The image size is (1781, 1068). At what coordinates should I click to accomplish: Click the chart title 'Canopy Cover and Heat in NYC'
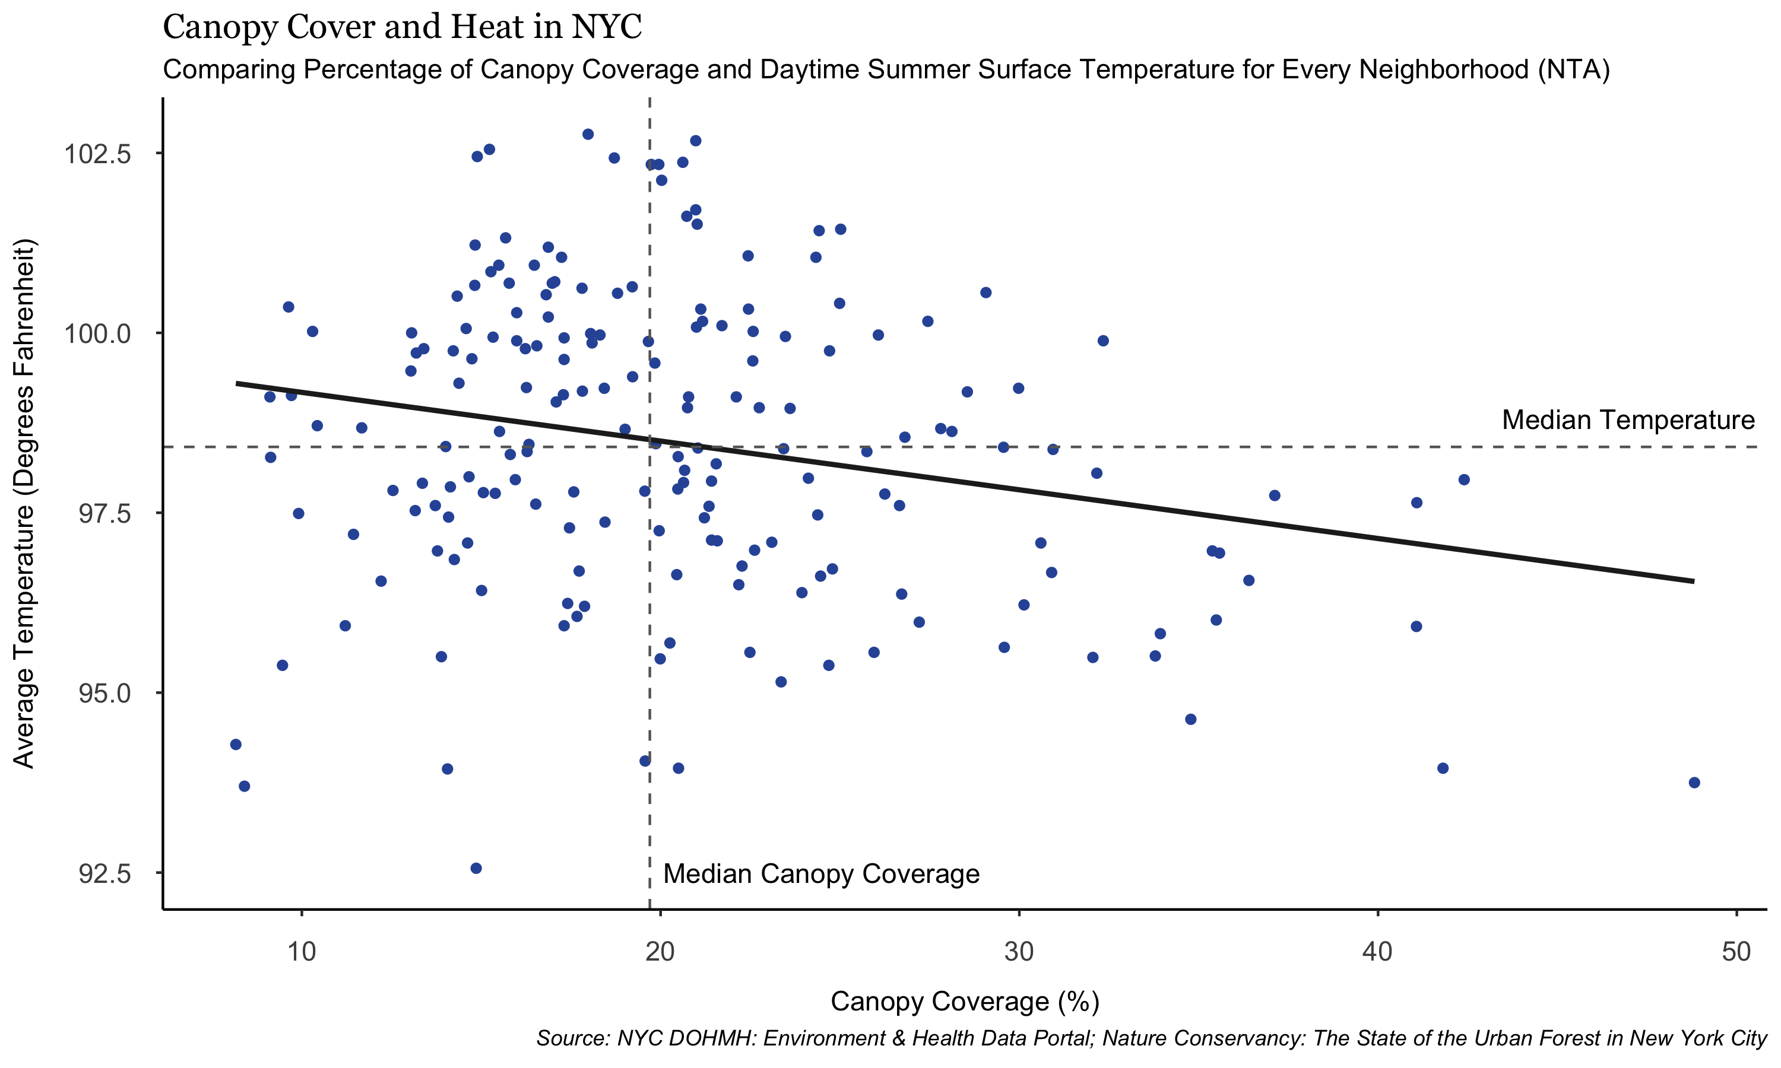point(402,27)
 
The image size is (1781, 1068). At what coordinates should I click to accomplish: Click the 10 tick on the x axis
point(302,952)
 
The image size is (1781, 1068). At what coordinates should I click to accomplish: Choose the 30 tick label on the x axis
point(1019,952)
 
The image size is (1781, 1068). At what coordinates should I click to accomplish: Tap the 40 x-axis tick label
point(1377,952)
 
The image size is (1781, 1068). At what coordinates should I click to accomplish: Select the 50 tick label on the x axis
point(1736,952)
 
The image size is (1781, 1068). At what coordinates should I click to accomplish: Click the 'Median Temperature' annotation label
point(1628,420)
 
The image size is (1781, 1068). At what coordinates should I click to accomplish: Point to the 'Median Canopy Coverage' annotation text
point(820,874)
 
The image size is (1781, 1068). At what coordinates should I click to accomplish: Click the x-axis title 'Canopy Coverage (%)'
point(965,1002)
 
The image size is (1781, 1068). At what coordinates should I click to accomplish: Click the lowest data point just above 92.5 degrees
point(476,869)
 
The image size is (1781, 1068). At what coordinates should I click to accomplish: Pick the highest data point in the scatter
point(587,135)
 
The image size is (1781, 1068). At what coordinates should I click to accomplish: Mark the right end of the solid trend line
point(1693,581)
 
